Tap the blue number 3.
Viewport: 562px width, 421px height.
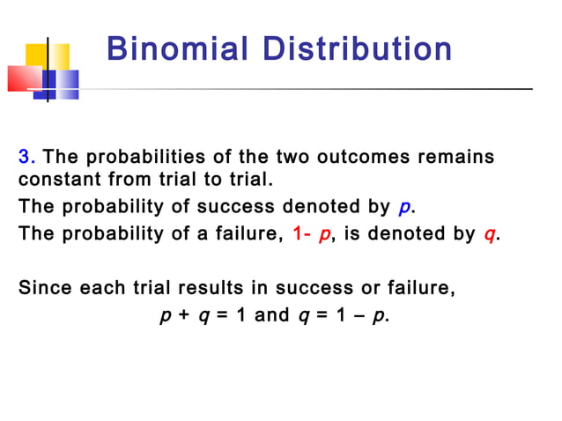pos(26,158)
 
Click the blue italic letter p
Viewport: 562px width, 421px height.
pos(404,208)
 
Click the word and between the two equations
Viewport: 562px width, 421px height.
pos(271,314)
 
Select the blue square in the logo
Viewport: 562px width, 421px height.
pos(62,85)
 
